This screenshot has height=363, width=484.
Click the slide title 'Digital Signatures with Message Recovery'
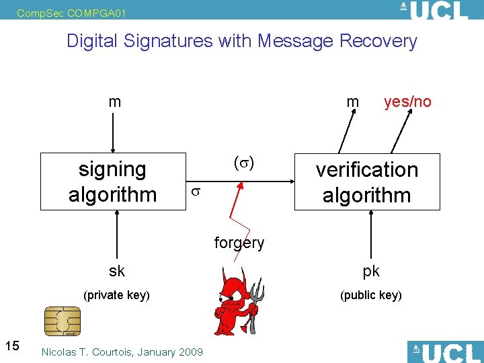(x=242, y=41)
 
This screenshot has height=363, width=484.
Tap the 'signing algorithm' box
(x=113, y=182)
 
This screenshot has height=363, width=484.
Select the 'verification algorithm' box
(x=367, y=182)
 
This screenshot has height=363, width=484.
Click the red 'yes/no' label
(x=407, y=102)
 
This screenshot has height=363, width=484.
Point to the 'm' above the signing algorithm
(x=115, y=102)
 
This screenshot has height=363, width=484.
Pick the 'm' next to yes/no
(x=352, y=102)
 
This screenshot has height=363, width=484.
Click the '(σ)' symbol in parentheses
(x=243, y=163)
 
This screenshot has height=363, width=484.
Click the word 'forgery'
(x=239, y=243)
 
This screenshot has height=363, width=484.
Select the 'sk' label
(x=117, y=271)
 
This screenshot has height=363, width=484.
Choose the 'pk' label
(x=371, y=271)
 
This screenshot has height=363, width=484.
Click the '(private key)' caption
(x=116, y=294)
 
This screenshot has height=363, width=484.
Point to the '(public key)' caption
(x=371, y=294)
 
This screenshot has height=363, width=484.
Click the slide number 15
(x=11, y=346)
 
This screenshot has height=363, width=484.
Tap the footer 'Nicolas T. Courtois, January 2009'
(x=122, y=352)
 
